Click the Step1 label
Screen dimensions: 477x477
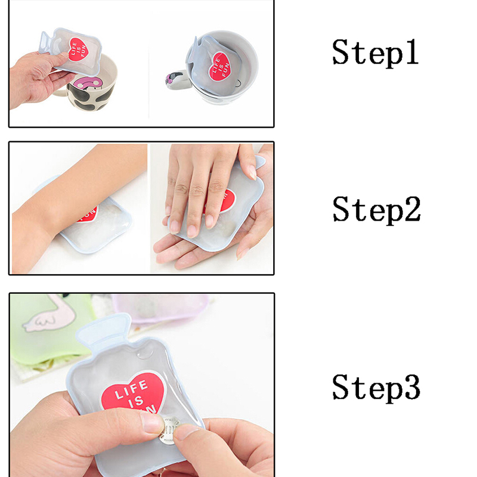coord(376,52)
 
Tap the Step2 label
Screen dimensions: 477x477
coord(377,210)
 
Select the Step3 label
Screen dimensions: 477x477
coord(376,388)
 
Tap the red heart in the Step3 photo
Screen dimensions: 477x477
coord(134,393)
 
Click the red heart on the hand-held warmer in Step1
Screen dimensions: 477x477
coord(78,49)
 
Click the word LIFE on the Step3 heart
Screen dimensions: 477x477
coord(131,390)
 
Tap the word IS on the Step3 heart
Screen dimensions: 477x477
coord(136,401)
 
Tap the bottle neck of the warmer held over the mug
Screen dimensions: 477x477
coord(45,42)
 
